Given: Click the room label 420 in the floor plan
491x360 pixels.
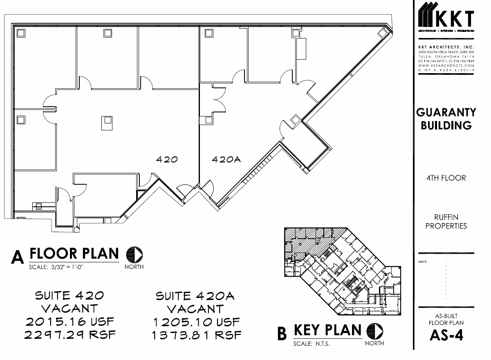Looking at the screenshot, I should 167,159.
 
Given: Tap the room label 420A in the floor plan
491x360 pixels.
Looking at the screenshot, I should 226,160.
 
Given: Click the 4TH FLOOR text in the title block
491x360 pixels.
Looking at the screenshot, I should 446,178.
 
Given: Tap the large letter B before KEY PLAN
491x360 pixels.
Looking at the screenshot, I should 282,333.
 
